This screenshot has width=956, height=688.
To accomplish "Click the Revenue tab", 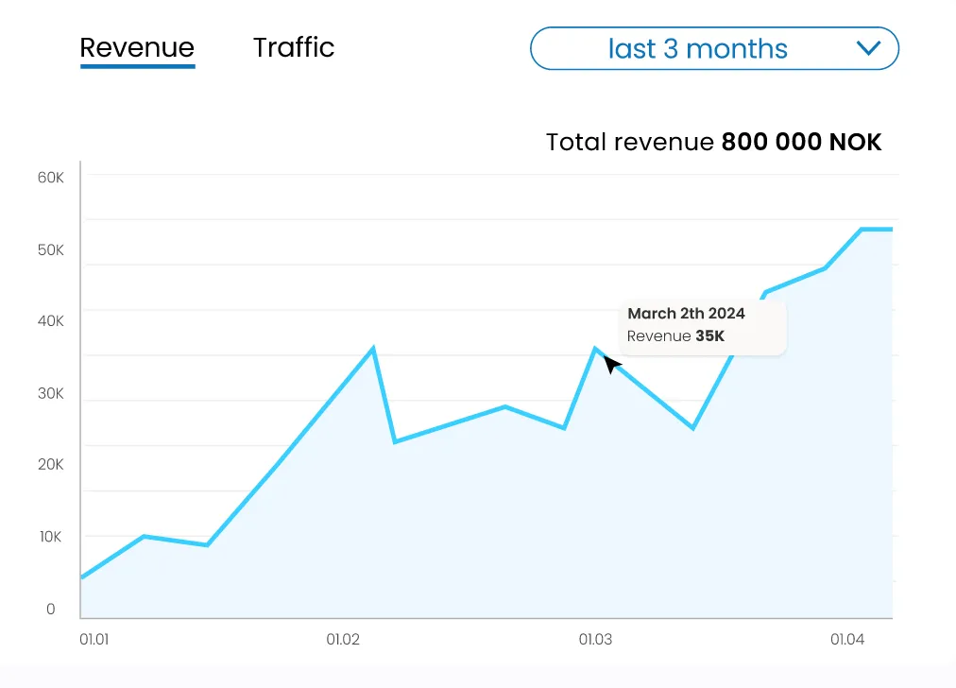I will click(137, 48).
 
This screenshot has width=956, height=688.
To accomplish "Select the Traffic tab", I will click(294, 47).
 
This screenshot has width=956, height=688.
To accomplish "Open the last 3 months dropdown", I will click(697, 48).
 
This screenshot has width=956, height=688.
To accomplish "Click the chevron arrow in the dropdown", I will click(867, 48).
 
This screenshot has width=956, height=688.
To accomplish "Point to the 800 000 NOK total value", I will click(801, 143).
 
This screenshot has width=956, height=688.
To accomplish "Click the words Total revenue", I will click(630, 143).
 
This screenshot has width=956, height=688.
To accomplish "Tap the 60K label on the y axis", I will click(50, 178).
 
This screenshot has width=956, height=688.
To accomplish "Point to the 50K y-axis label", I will click(50, 250).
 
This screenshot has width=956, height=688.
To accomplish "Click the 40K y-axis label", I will click(50, 321).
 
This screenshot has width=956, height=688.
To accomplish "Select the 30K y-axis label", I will click(50, 393).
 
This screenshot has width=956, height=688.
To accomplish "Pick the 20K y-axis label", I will click(50, 464).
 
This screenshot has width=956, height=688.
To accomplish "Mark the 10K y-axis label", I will click(50, 537).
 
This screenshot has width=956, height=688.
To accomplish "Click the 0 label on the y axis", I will click(51, 610).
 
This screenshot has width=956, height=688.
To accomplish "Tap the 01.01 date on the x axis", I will click(94, 640).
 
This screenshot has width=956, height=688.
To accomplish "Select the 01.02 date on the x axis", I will click(344, 640).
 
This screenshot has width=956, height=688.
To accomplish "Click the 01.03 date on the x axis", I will click(595, 640).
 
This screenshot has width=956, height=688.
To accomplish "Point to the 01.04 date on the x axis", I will click(847, 640).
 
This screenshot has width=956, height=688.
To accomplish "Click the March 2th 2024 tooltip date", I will click(686, 314).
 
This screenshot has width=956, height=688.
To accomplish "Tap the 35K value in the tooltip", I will click(709, 336).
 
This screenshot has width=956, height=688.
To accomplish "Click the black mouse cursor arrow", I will click(611, 364).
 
